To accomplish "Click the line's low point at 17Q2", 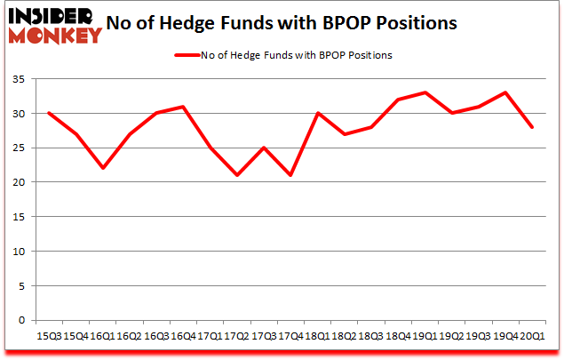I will tap(236, 175).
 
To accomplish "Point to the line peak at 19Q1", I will tap(425, 92).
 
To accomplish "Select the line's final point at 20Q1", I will tap(532, 127).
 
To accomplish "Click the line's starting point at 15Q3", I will tap(48, 113).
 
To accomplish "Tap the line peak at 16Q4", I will tap(183, 107).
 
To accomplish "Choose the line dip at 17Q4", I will tap(290, 175).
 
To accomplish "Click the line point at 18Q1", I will tap(317, 113).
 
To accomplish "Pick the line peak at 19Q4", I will tap(505, 92).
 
